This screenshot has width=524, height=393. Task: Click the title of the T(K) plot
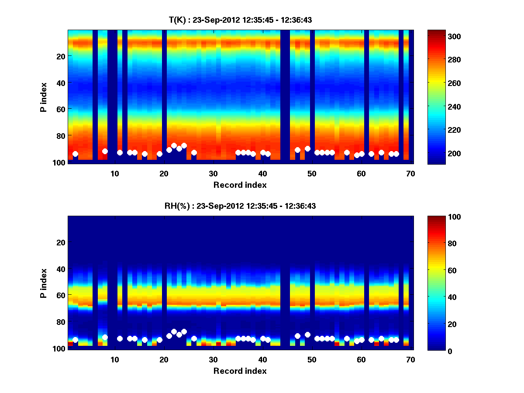click(240, 20)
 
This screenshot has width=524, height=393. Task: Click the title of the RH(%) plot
click(240, 206)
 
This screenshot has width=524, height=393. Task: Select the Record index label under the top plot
click(240, 185)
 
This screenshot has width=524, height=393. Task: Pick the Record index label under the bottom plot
click(240, 371)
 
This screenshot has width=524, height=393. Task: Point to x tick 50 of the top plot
click(312, 173)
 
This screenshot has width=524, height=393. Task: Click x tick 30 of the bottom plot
click(213, 359)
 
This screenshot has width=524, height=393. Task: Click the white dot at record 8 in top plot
click(105, 151)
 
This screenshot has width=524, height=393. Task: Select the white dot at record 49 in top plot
click(307, 148)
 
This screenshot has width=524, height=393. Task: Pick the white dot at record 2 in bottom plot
click(75, 340)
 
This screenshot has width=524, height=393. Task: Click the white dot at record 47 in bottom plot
click(297, 336)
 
